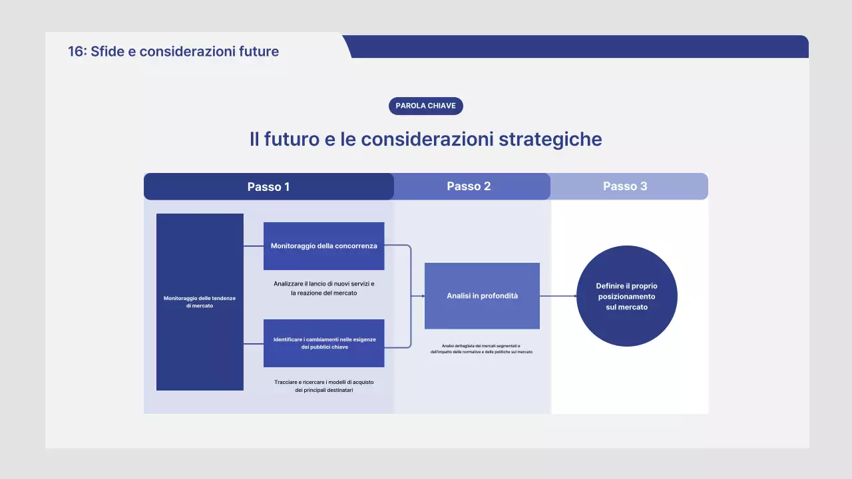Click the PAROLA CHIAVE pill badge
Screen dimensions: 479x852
click(x=425, y=106)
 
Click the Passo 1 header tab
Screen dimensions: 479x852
click(x=268, y=187)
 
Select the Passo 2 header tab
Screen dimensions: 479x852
click(x=469, y=186)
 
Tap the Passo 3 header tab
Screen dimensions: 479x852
click(x=626, y=186)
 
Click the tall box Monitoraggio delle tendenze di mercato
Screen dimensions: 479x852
click(x=200, y=302)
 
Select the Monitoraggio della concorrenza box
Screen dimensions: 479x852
click(x=323, y=246)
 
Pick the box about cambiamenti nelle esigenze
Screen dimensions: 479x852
click(x=323, y=343)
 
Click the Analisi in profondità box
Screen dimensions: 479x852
click(x=482, y=296)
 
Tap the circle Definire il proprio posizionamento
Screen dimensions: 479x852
click(x=626, y=296)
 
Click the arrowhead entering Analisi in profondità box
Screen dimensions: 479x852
click(x=423, y=296)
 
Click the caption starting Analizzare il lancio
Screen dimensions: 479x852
click(x=323, y=288)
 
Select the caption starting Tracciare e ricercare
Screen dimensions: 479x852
click(x=323, y=386)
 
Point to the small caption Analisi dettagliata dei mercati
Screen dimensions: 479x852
click(x=481, y=349)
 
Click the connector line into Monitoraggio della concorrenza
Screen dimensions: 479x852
click(x=254, y=246)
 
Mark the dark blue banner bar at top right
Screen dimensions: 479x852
click(x=579, y=47)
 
